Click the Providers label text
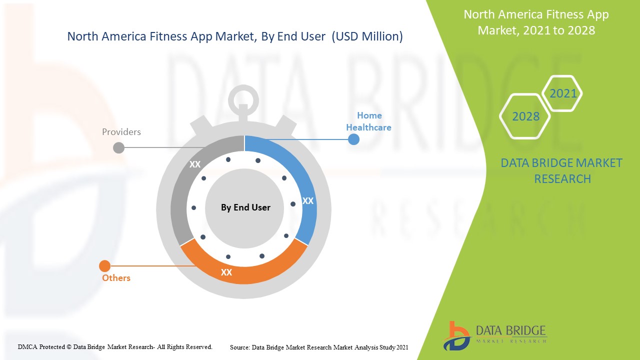tap(121, 132)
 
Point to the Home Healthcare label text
tap(368, 121)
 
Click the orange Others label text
tap(116, 278)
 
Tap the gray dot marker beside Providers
tap(119, 147)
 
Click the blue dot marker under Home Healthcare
tap(353, 139)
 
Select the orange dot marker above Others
tap(105, 266)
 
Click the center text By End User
tap(245, 207)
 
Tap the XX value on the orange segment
tap(226, 272)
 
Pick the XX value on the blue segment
tap(308, 201)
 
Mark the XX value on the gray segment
tap(195, 164)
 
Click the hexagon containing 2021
tap(563, 93)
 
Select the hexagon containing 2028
tap(525, 116)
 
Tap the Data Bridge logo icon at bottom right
tap(456, 335)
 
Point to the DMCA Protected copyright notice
tap(115, 346)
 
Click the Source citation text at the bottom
tap(319, 347)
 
